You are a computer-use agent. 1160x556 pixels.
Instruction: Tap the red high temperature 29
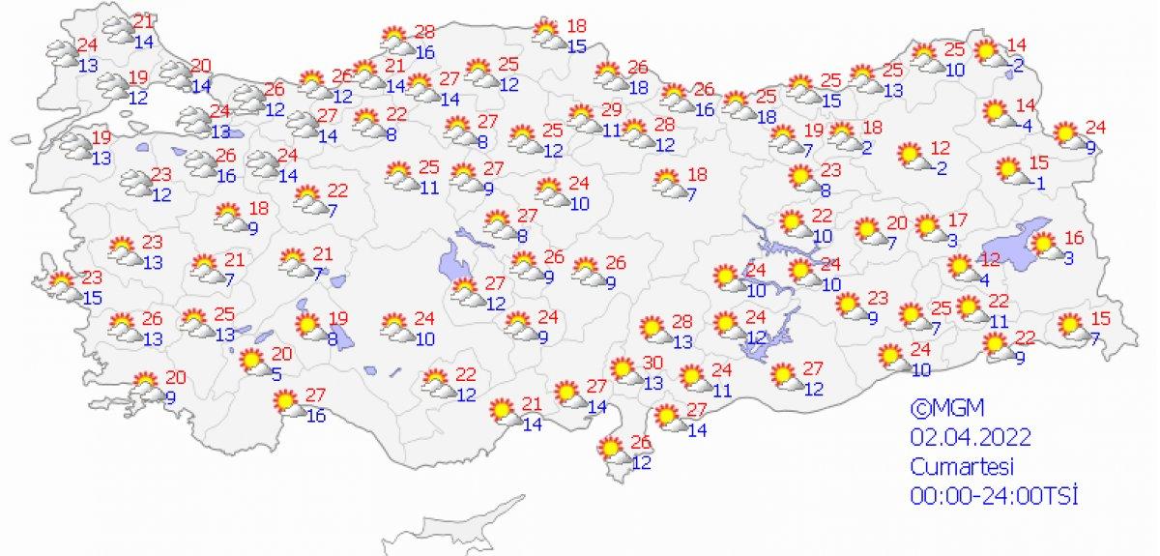(x=610, y=109)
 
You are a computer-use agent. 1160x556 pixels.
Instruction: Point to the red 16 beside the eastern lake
(x=1072, y=237)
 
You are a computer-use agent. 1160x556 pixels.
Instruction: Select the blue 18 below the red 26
(x=639, y=87)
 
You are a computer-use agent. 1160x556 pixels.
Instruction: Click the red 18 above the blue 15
(x=577, y=26)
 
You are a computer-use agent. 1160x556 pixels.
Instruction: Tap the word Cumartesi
(x=961, y=466)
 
